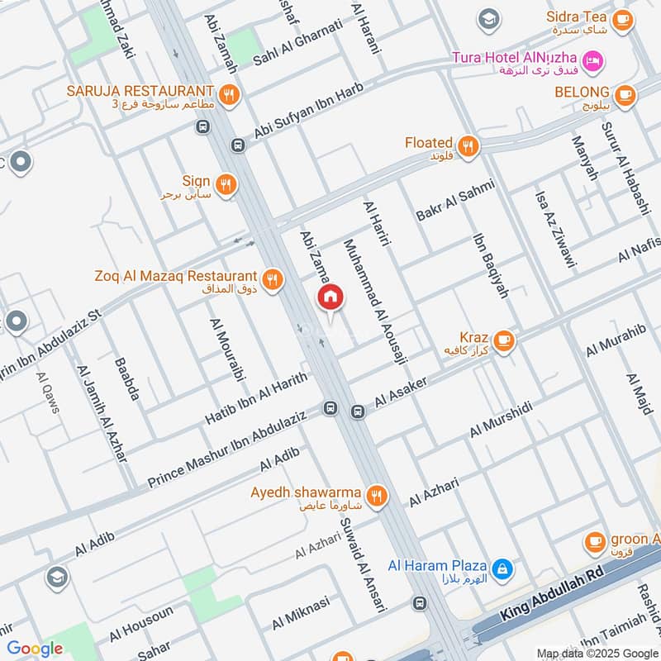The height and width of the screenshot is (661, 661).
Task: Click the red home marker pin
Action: [330, 297]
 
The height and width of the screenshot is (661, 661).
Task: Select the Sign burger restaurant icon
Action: [224, 183]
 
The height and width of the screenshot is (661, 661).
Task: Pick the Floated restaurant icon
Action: [468, 147]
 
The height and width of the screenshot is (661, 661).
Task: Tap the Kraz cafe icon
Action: [502, 340]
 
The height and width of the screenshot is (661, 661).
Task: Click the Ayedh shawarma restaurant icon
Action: [377, 496]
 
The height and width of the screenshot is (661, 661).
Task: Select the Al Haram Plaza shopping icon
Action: [501, 568]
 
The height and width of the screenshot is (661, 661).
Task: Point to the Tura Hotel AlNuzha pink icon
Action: [592, 60]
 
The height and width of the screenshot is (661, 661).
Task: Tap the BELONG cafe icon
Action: [625, 93]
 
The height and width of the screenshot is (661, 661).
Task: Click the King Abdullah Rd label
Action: [553, 597]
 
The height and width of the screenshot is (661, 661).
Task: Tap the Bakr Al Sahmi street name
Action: [454, 200]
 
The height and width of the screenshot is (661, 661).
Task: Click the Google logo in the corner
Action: [34, 649]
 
